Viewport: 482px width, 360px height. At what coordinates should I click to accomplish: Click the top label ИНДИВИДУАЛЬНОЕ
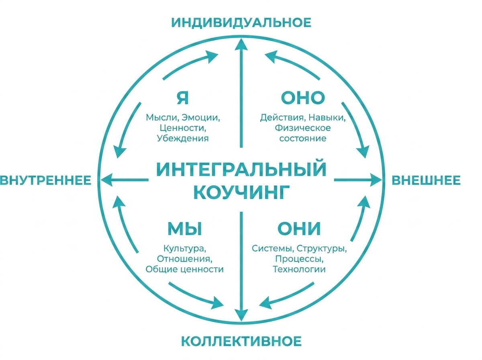click(241, 22)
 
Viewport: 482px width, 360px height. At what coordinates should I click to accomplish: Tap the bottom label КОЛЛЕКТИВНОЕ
click(241, 342)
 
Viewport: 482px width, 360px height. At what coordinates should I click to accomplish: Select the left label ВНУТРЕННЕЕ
click(45, 180)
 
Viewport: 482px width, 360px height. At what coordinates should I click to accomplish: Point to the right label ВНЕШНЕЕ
click(426, 180)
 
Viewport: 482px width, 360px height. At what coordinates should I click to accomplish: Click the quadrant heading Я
click(183, 98)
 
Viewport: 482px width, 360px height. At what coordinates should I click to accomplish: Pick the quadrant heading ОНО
click(303, 98)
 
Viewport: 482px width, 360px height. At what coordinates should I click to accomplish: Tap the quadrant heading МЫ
click(185, 229)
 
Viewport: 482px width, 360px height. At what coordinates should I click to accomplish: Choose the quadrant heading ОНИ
click(299, 229)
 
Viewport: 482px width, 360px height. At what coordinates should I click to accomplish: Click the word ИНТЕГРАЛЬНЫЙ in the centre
click(241, 169)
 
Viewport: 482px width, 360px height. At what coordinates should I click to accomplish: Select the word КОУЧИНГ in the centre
click(241, 192)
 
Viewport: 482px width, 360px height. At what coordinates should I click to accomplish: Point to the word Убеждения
click(183, 138)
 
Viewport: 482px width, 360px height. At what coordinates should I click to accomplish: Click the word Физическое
click(303, 128)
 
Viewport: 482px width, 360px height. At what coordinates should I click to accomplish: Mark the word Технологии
click(299, 269)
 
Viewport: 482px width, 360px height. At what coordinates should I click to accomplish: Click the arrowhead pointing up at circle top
click(241, 45)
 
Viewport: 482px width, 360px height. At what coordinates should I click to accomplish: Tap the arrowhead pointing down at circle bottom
click(241, 315)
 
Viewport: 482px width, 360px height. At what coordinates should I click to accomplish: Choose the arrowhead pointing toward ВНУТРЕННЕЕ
click(107, 180)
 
